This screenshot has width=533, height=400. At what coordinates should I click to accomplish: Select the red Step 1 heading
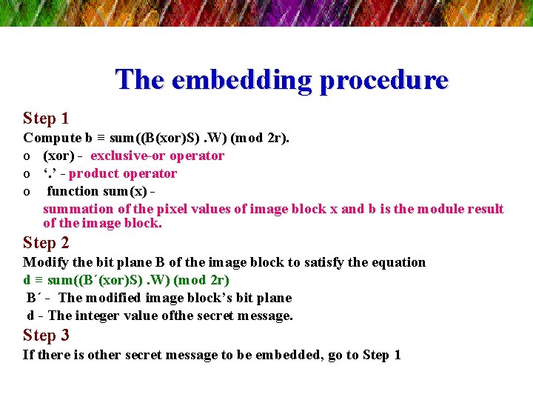tap(46, 119)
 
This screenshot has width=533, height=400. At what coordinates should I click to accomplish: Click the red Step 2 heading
tap(46, 243)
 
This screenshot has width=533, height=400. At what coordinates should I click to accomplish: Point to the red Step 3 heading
tap(46, 336)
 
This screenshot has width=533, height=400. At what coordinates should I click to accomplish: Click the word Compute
tap(52, 138)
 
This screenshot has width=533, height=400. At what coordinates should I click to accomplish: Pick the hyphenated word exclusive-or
tap(128, 156)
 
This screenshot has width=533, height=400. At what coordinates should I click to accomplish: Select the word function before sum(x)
tap(76, 191)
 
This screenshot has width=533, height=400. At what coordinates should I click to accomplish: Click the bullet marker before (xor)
tap(27, 156)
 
